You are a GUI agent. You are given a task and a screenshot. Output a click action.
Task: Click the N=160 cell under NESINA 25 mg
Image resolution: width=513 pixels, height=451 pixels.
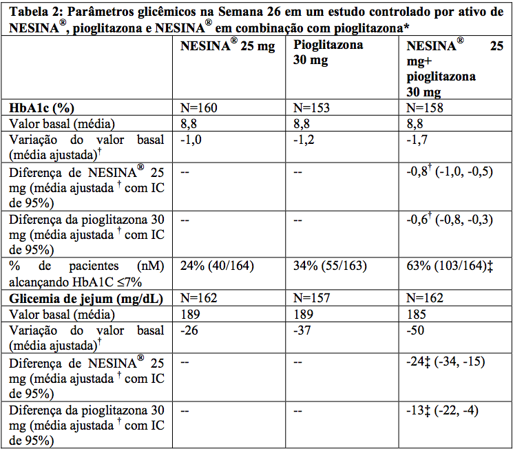pyautogui.click(x=198, y=108)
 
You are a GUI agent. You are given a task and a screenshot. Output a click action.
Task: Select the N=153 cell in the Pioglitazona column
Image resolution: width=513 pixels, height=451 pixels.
pyautogui.click(x=311, y=108)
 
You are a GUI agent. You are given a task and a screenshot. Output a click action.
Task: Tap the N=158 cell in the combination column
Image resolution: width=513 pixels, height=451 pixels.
pyautogui.click(x=424, y=108)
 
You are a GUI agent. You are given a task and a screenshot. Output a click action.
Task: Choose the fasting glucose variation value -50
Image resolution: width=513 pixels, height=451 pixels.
pyautogui.click(x=416, y=331)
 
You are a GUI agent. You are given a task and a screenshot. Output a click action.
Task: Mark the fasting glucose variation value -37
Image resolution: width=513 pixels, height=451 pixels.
pyautogui.click(x=302, y=331)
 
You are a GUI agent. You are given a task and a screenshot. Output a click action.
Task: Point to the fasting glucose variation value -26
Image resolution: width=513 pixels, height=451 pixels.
pyautogui.click(x=189, y=331)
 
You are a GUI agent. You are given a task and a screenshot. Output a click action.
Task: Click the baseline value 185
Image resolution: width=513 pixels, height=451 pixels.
pyautogui.click(x=417, y=314)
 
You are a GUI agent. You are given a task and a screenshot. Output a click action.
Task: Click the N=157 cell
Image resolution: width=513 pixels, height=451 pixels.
pyautogui.click(x=312, y=298)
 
